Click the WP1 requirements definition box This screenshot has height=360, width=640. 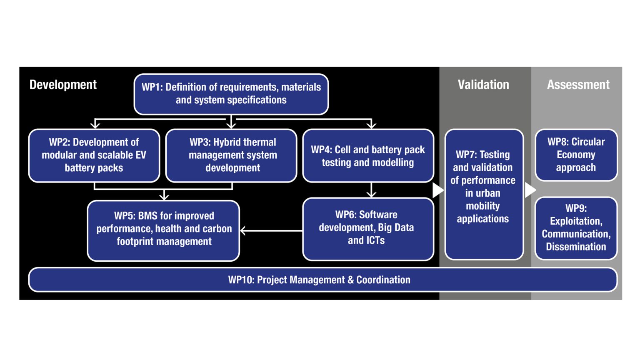tap(231, 94)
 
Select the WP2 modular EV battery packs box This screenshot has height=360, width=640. tap(94, 155)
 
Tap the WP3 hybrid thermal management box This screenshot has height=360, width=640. tap(232, 155)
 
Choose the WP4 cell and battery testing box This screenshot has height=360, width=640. tap(368, 156)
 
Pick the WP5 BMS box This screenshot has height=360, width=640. tap(164, 229)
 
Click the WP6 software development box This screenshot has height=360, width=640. tap(367, 228)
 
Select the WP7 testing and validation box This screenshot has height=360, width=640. tap(483, 194)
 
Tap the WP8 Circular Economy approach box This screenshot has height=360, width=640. tap(576, 155)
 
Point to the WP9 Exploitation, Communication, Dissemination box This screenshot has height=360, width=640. tap(576, 227)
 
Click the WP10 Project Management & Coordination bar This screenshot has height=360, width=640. tap(319, 280)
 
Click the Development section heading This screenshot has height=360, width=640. tap(63, 85)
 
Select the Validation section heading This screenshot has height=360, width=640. tap(483, 85)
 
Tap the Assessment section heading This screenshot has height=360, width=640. tap(578, 85)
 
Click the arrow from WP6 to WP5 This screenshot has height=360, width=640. tap(271, 230)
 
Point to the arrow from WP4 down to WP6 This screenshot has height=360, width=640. tap(371, 190)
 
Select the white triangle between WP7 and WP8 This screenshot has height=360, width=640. tap(530, 190)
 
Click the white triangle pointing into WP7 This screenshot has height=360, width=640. tap(437, 190)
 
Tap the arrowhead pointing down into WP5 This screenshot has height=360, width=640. tap(165, 196)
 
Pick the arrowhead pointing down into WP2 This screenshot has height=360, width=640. tap(95, 124)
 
